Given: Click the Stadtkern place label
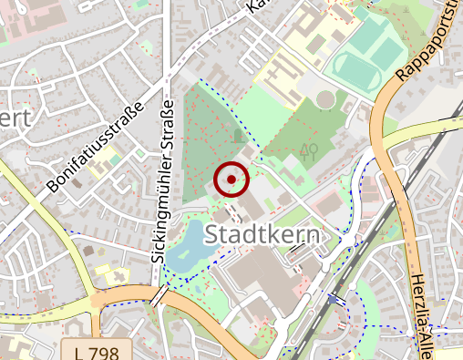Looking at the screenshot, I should point(264,235).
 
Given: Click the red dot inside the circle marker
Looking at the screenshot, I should point(231,180).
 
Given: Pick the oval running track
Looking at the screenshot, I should point(363,63).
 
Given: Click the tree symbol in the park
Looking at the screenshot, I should point(309,150).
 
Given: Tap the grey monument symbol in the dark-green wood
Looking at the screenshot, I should point(238,136).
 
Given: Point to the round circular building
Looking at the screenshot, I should point(325,99).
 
